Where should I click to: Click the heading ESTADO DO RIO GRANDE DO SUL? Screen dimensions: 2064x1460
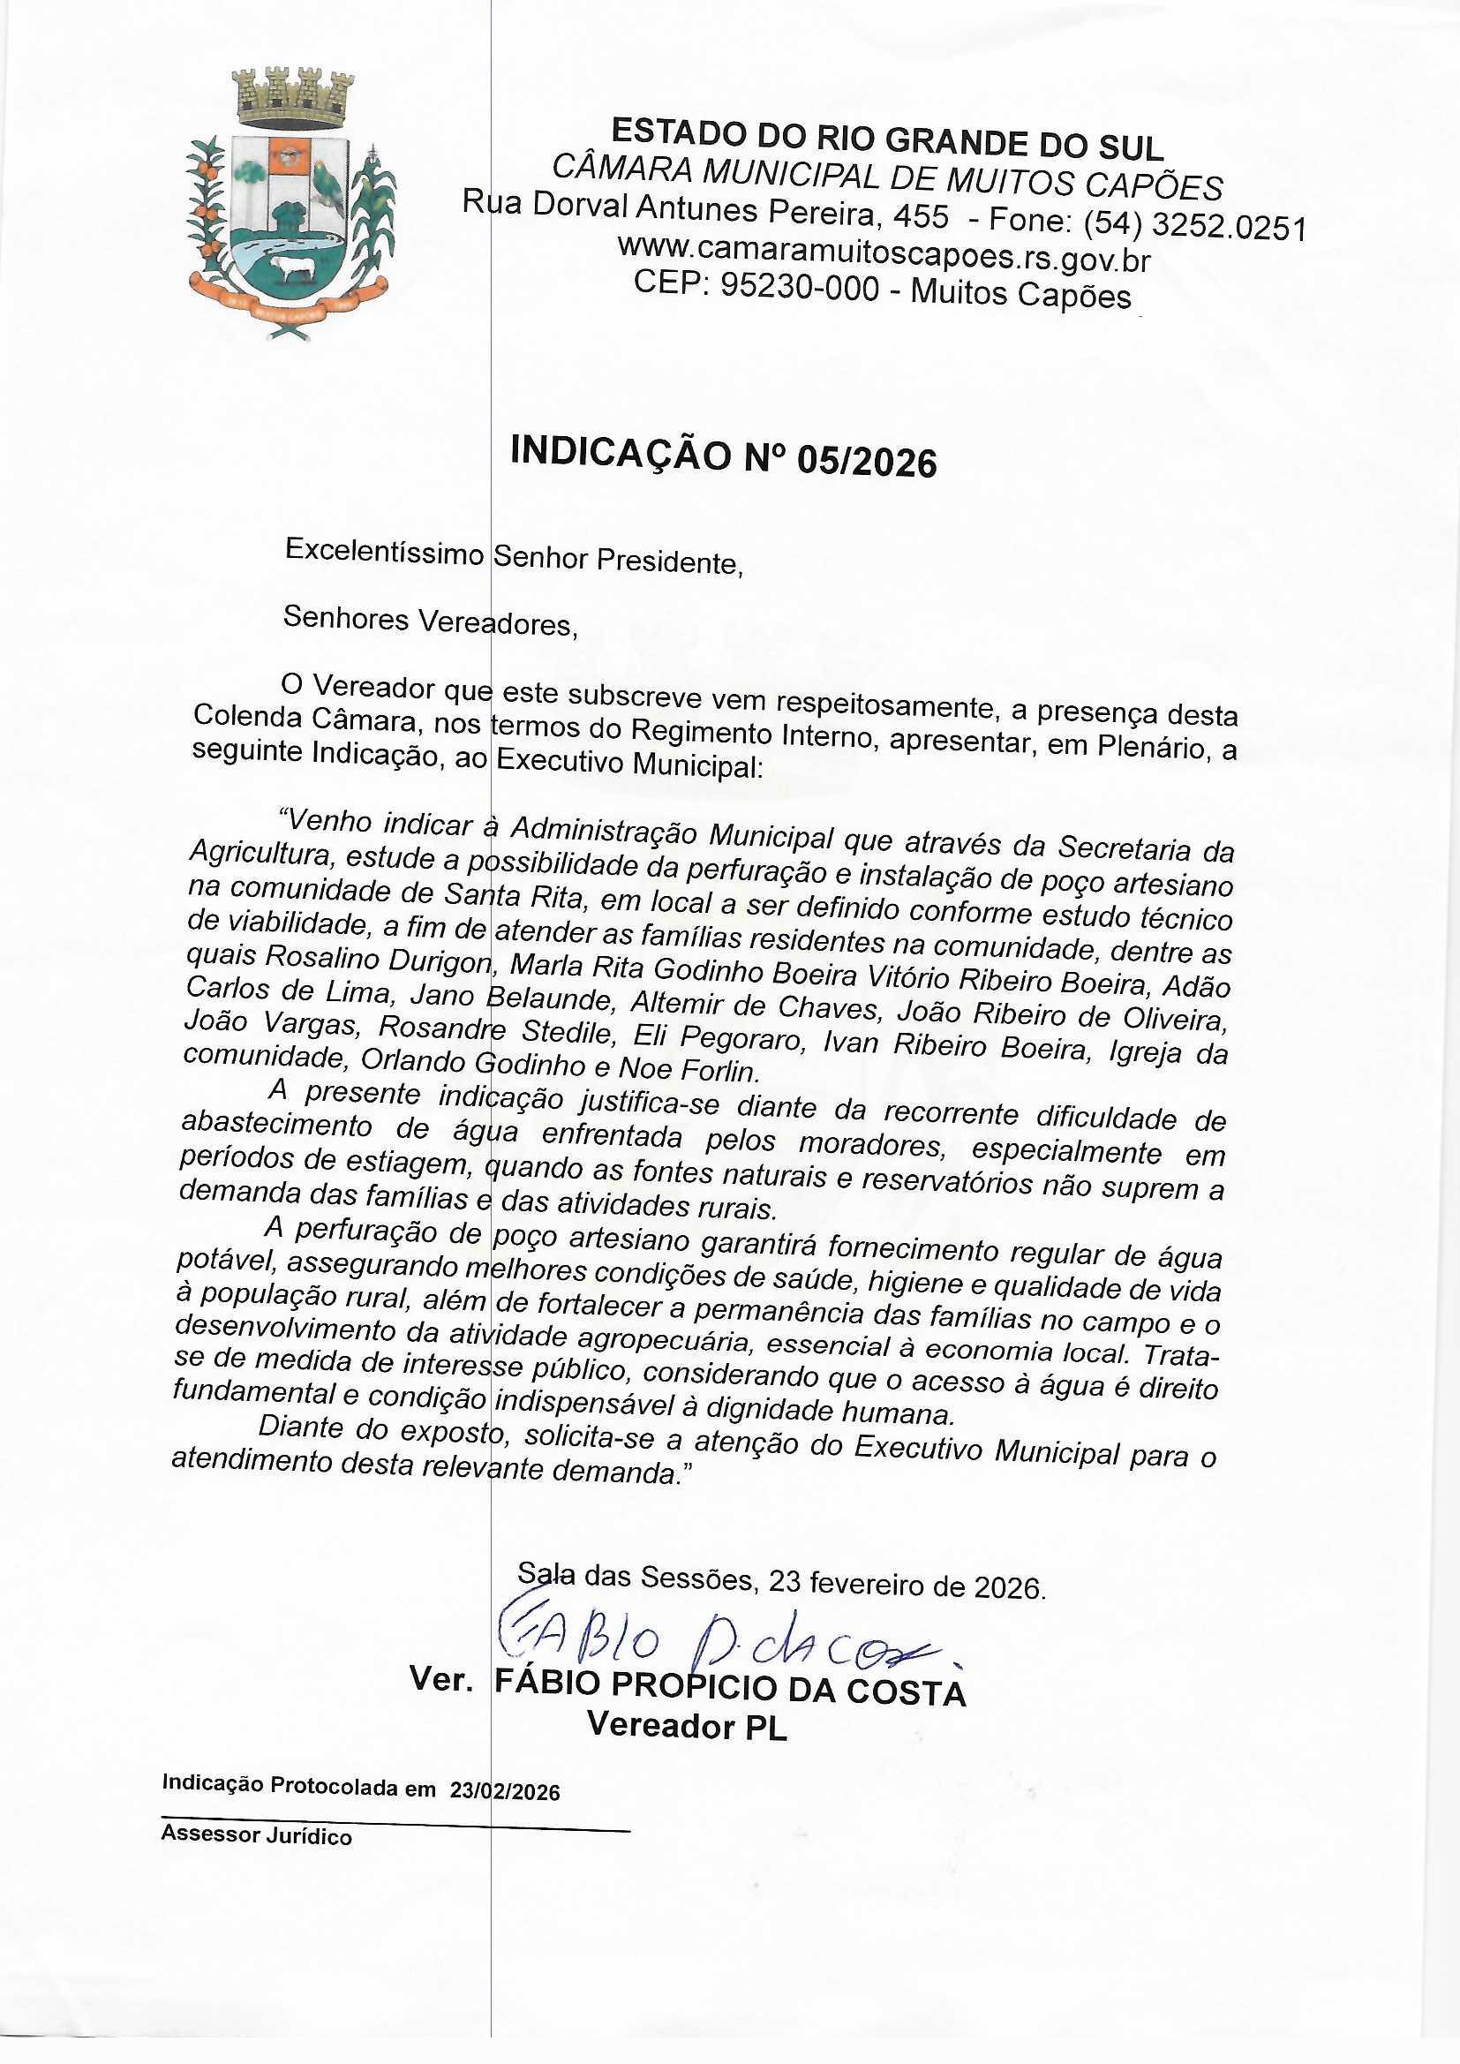tap(887, 140)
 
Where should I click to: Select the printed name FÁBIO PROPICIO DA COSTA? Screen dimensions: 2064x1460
tap(730, 1688)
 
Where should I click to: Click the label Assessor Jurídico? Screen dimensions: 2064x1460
tap(256, 1835)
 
